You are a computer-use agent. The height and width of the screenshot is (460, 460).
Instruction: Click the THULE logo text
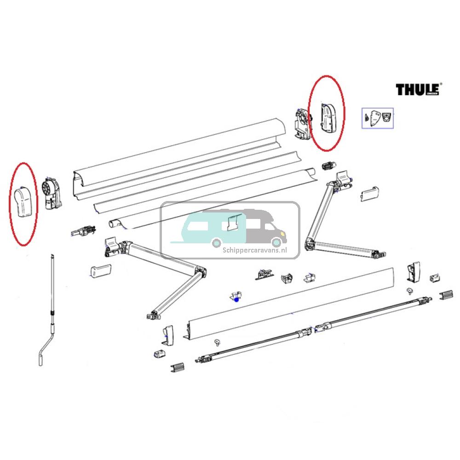click(x=418, y=89)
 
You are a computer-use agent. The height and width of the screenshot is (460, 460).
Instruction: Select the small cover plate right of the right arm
click(x=369, y=194)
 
